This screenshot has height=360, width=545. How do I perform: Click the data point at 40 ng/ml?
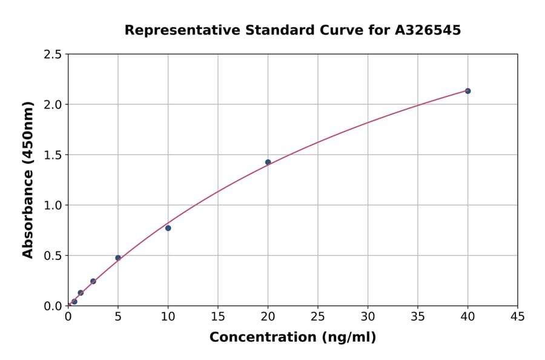[x=467, y=91]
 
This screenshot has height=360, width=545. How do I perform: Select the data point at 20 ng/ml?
[x=268, y=162]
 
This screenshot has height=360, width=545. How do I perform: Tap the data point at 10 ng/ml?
[x=168, y=228]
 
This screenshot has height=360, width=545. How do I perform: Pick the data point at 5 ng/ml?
[x=118, y=258]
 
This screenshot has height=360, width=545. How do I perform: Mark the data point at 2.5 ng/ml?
[x=93, y=281]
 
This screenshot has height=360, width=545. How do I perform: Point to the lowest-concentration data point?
[x=74, y=301]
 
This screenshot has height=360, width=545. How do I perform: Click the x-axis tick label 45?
[x=517, y=316]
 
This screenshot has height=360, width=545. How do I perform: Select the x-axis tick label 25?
[x=317, y=316]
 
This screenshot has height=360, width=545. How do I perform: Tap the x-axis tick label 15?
[x=218, y=316]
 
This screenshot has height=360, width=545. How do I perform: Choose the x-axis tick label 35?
[x=417, y=316]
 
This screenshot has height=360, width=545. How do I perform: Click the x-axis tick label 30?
[x=368, y=316]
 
